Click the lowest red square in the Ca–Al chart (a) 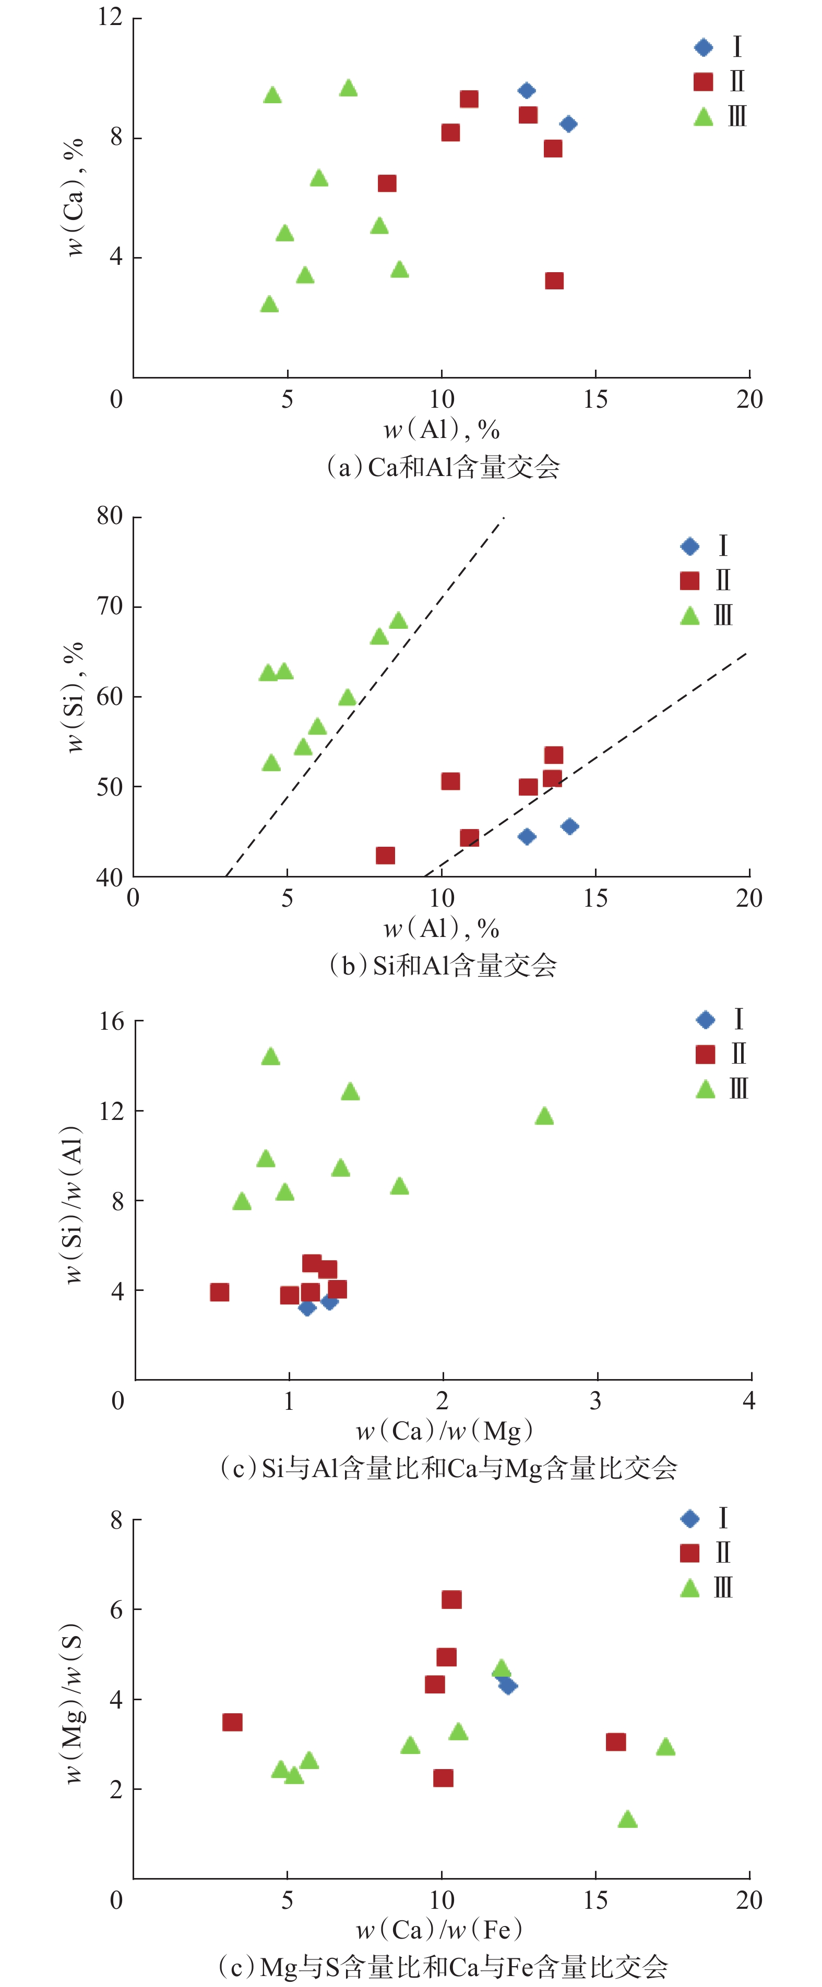[x=553, y=281]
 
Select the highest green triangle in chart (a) [x=348, y=88]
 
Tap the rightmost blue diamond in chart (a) [x=568, y=124]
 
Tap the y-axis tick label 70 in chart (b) [x=110, y=606]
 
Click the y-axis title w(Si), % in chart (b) [x=73, y=697]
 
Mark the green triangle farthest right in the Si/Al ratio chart [x=544, y=1116]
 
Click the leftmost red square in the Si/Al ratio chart [x=219, y=1292]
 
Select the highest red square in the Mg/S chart [x=451, y=1600]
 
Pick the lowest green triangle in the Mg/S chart [x=627, y=1820]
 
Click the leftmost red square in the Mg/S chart [x=232, y=1723]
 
